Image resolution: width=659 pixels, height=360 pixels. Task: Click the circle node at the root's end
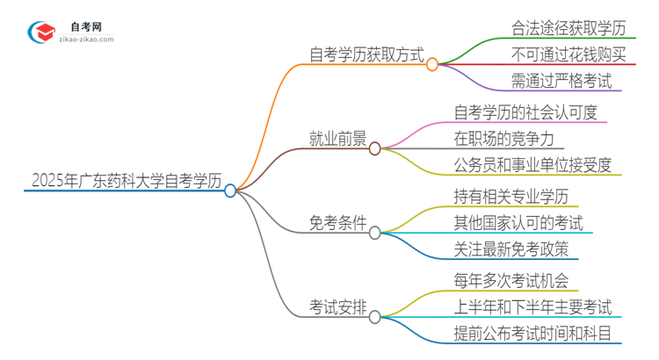(230, 191)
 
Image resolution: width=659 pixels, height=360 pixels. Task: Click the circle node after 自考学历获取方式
(432, 64)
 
